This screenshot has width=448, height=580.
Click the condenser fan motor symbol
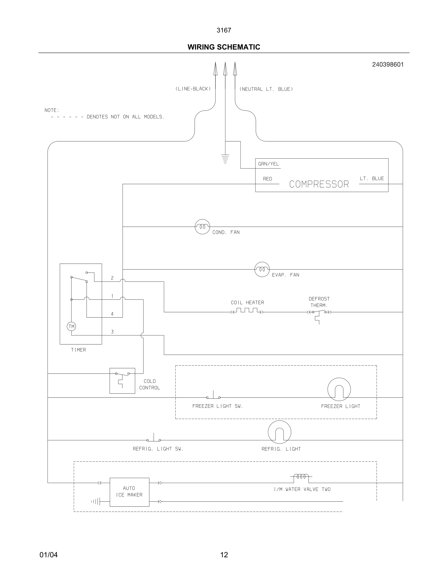click(x=202, y=227)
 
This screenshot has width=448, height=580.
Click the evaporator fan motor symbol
click(x=262, y=269)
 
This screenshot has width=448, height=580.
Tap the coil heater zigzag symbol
click(x=247, y=311)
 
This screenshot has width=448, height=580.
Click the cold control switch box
click(x=122, y=381)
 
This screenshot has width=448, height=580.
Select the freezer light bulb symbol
click(x=339, y=389)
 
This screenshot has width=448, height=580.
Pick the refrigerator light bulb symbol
click(x=279, y=432)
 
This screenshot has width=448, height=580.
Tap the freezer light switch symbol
click(x=213, y=396)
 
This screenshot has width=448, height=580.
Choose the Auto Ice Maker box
click(x=129, y=492)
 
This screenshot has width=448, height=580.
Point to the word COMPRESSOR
click(x=319, y=184)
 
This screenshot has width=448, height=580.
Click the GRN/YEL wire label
click(x=268, y=164)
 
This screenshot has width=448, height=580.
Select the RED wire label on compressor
click(x=267, y=179)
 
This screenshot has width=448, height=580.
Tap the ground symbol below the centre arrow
click(x=225, y=158)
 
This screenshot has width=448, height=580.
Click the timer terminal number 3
click(x=112, y=332)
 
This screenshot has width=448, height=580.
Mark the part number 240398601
click(x=388, y=64)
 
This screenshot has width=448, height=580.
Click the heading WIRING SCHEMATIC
click(x=224, y=47)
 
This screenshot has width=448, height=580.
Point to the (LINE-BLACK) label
click(x=193, y=89)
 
